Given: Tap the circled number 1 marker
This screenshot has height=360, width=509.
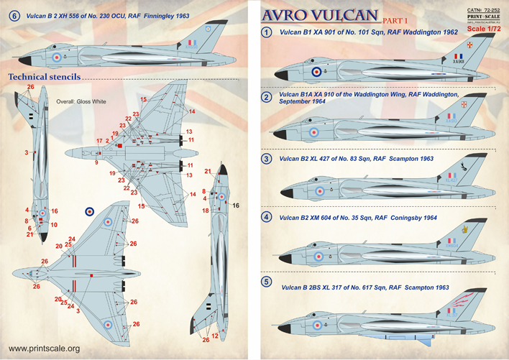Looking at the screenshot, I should pos(267,32).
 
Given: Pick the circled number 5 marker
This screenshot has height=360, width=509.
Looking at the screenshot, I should pos(267,282).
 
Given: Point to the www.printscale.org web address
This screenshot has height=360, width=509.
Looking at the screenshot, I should pos(42,349).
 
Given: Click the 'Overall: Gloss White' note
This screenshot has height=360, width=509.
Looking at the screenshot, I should pos(81,102).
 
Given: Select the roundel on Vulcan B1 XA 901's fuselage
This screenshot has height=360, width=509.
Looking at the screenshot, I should pos(316,72).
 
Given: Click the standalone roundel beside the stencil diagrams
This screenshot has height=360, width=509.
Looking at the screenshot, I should pos(89,211).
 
